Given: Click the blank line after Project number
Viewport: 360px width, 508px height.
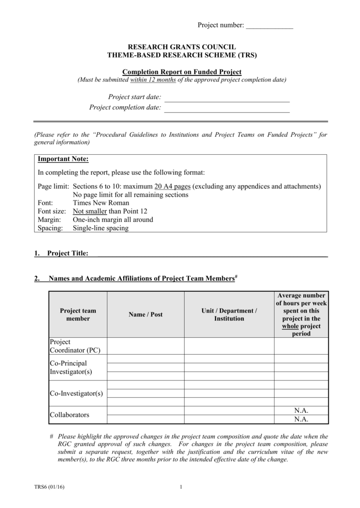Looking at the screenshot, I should (x=270, y=26).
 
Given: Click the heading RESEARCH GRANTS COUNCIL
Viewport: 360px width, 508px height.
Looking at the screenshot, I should (x=182, y=47).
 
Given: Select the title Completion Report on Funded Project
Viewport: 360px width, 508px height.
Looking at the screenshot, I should (x=182, y=72).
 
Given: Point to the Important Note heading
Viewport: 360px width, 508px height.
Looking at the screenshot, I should (x=63, y=159).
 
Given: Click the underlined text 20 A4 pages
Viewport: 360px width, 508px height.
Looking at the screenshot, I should (x=172, y=187).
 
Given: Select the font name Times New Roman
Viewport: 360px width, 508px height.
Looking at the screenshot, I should (x=101, y=203).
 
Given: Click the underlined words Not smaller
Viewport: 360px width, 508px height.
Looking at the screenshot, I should (x=90, y=211).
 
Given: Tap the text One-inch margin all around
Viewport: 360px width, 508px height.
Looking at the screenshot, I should (x=113, y=220).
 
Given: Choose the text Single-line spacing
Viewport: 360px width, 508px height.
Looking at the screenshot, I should (x=100, y=228).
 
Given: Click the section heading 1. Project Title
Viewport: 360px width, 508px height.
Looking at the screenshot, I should (x=62, y=254).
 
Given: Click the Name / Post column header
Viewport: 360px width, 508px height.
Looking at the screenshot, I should (x=145, y=315).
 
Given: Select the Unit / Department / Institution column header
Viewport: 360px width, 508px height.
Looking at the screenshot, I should (x=229, y=315).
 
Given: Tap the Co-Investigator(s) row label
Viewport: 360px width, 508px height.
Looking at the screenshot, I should (x=76, y=393).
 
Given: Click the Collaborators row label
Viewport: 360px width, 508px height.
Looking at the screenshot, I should (x=70, y=415).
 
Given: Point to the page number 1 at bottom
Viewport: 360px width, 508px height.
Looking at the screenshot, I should (x=181, y=487).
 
